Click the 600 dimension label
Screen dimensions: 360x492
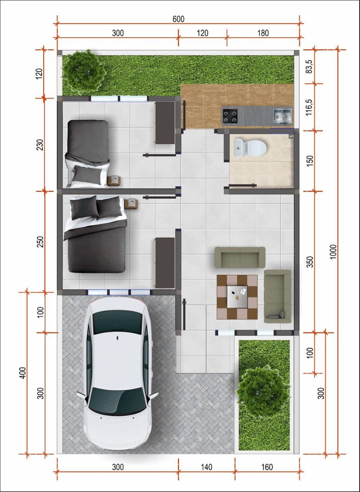[x=178, y=19]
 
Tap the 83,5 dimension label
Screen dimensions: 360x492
[x=310, y=67]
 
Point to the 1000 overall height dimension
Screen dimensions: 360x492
[x=333, y=252]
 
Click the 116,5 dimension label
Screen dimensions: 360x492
[x=310, y=107]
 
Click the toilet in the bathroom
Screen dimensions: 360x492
[x=250, y=148]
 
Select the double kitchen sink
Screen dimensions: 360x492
[x=283, y=116]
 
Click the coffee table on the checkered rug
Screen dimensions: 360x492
[x=237, y=296]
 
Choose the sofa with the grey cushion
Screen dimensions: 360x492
[x=277, y=296]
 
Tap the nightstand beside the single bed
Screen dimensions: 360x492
[x=114, y=181]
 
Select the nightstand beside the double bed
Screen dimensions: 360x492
[x=131, y=204]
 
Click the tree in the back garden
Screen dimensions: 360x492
[x=83, y=71]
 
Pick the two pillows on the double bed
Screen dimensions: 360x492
[x=96, y=207]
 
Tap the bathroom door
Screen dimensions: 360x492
[x=242, y=186]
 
